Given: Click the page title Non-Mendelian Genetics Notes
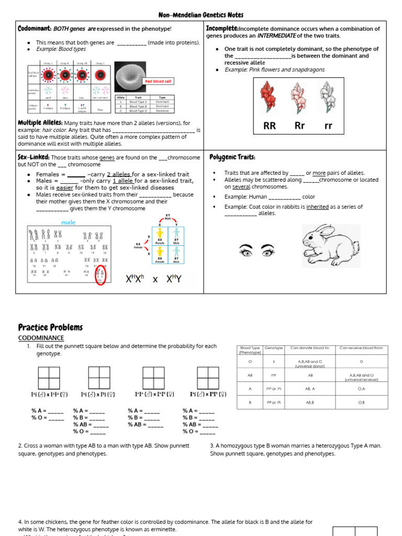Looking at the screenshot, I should tap(201, 15).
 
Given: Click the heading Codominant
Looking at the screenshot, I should tap(35, 28).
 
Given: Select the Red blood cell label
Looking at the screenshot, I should tap(159, 82).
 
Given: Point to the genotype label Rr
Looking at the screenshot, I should tap(299, 126).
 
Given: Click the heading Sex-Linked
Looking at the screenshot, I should tap(34, 157).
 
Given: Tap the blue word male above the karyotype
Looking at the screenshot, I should tap(68, 222).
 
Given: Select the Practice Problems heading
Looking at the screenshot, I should tap(50, 327).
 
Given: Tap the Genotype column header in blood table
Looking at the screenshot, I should tap(274, 348).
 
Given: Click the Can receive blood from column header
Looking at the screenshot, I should tap(361, 348).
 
